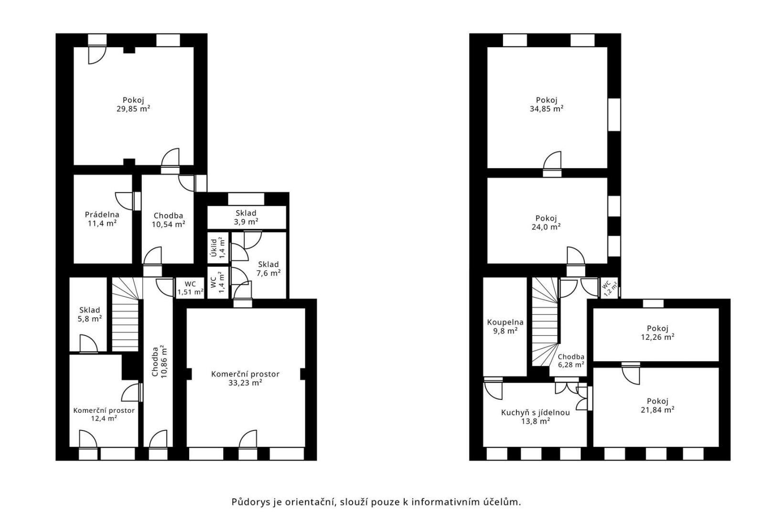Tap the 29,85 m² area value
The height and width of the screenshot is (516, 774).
[133, 109]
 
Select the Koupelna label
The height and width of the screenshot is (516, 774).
[505, 322]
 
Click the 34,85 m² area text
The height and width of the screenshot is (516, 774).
[546, 109]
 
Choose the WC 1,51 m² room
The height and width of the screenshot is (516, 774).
[190, 288]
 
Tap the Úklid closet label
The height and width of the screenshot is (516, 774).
[214, 248]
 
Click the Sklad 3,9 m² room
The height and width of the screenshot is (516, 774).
[246, 217]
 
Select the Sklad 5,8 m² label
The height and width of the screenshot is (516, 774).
[89, 314]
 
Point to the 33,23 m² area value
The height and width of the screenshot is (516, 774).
[245, 383]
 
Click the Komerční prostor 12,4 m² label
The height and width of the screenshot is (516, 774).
[104, 414]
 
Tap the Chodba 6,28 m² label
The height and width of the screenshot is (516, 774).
[571, 360]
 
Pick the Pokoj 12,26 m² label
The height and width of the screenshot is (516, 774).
[657, 333]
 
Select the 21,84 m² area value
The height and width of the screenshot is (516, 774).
[657, 410]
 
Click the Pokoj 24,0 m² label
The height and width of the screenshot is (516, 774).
[546, 223]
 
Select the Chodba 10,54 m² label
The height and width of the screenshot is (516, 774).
[168, 220]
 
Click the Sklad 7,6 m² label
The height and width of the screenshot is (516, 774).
[268, 269]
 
